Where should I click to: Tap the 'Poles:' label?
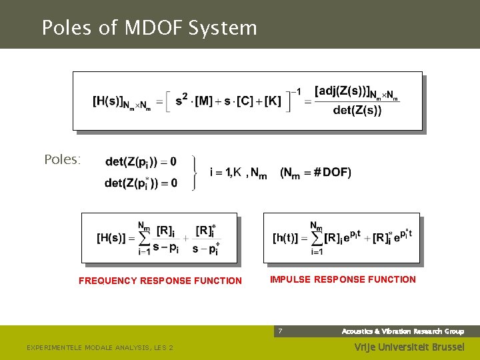tap(62, 160)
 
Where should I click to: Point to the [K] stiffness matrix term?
tap(273, 101)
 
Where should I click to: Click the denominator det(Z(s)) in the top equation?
tap(357, 111)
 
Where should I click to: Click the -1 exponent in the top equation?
tap(295, 91)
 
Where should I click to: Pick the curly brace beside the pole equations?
tap(194, 173)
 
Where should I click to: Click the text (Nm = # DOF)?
tap(315, 173)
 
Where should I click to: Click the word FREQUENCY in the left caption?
tap(109, 281)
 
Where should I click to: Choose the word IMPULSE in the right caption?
tap(290, 279)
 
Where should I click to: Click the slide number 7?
tap(280, 331)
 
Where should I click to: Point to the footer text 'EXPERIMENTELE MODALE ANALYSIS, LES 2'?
tap(99, 347)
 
